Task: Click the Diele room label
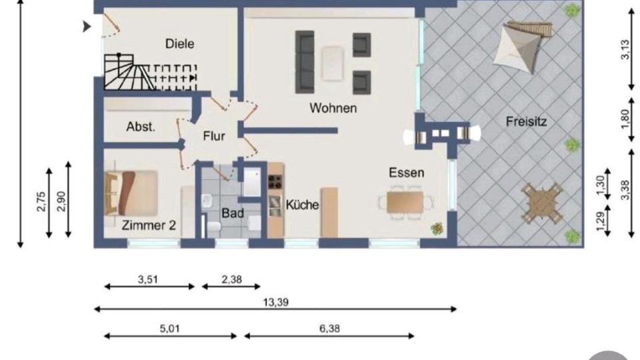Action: coord(180,44)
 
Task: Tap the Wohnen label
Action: coord(333,108)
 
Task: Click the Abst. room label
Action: coord(141,126)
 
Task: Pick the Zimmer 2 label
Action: coord(149,225)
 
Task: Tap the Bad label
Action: coord(233,214)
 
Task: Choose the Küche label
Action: coord(302,205)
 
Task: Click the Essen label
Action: coord(407,173)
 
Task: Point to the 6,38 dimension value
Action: coord(329,329)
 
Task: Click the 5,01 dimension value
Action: coord(170,329)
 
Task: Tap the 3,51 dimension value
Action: coord(149,280)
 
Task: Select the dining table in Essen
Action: coord(405,201)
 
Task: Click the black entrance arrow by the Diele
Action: coord(86,27)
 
